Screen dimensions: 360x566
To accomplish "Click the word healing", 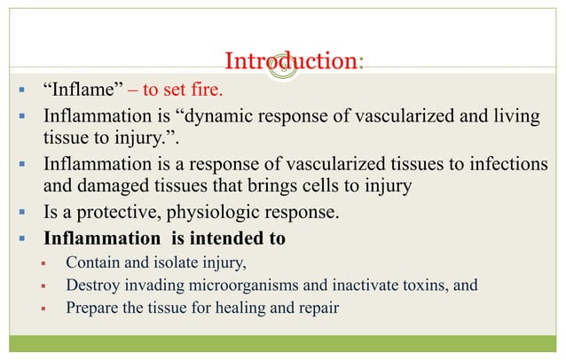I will pos(233,309).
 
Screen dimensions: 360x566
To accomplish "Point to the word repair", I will pos(316,309).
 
